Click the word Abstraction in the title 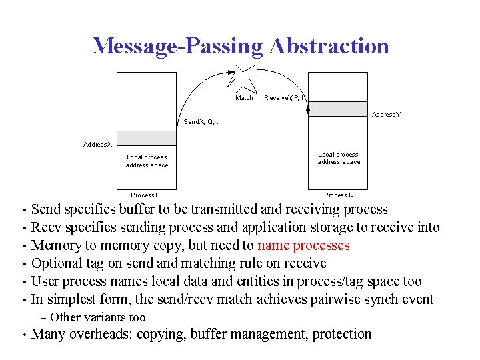tap(329, 45)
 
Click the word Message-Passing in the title tap(178, 45)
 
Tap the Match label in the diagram tap(245, 98)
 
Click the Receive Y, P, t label tap(285, 98)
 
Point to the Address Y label tap(387, 115)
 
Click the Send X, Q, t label tap(201, 122)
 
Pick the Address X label tap(97, 144)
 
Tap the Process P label tap(145, 195)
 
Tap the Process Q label tap(339, 195)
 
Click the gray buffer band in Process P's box tap(147, 138)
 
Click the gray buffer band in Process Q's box tap(339, 109)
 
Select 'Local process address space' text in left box tap(147, 161)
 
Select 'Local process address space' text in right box tap(339, 158)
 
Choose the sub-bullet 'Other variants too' tap(97, 317)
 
